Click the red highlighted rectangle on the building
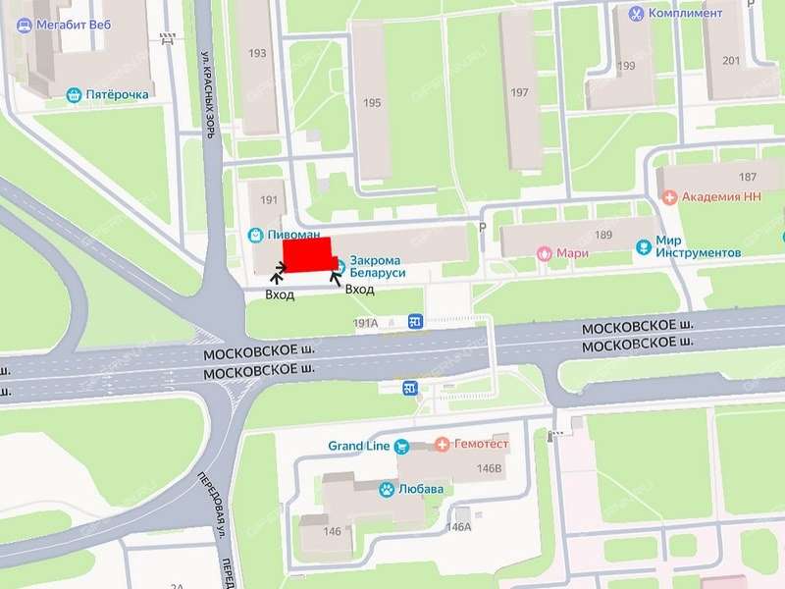(x=308, y=254)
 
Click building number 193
(x=257, y=53)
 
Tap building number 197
(x=520, y=93)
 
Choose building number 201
(x=731, y=61)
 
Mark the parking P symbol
(x=482, y=228)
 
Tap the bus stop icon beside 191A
(x=415, y=321)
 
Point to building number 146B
(x=488, y=469)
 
